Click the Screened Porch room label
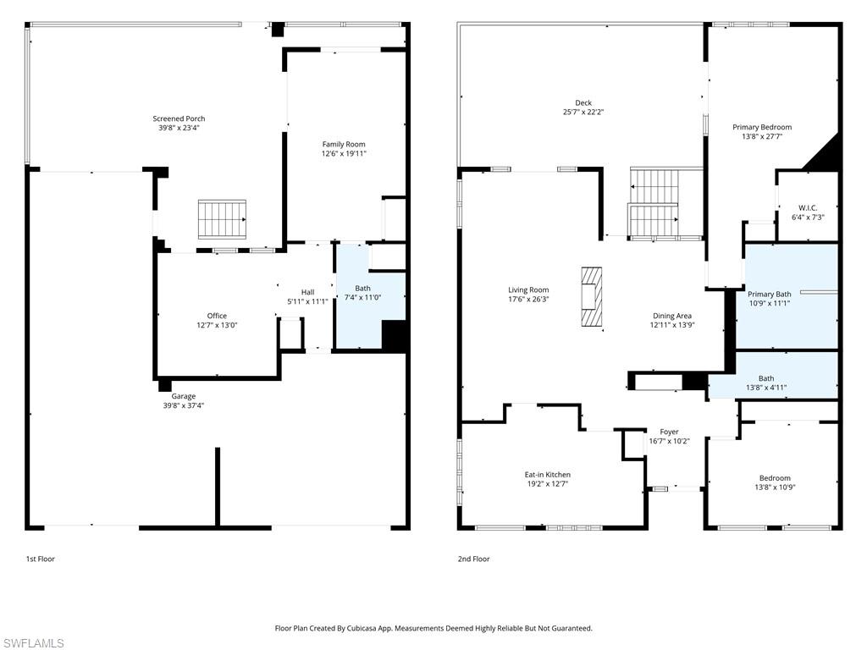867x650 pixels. click(x=179, y=118)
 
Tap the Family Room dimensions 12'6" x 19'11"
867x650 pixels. click(x=343, y=154)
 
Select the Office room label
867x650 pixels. click(x=217, y=316)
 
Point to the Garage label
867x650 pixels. click(x=184, y=396)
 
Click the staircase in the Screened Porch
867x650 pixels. click(x=222, y=219)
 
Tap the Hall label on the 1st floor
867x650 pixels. click(x=307, y=292)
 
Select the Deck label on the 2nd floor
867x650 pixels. click(x=583, y=102)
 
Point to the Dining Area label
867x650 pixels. click(x=671, y=316)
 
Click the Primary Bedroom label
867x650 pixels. click(x=762, y=127)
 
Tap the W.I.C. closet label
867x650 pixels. click(x=808, y=207)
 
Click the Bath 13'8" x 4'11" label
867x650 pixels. click(x=766, y=378)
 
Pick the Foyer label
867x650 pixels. click(x=669, y=432)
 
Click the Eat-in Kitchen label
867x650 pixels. click(x=548, y=475)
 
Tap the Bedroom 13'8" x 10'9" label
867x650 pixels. click(x=775, y=478)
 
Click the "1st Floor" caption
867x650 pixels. click(x=40, y=559)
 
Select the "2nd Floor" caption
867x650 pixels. click(x=474, y=559)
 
